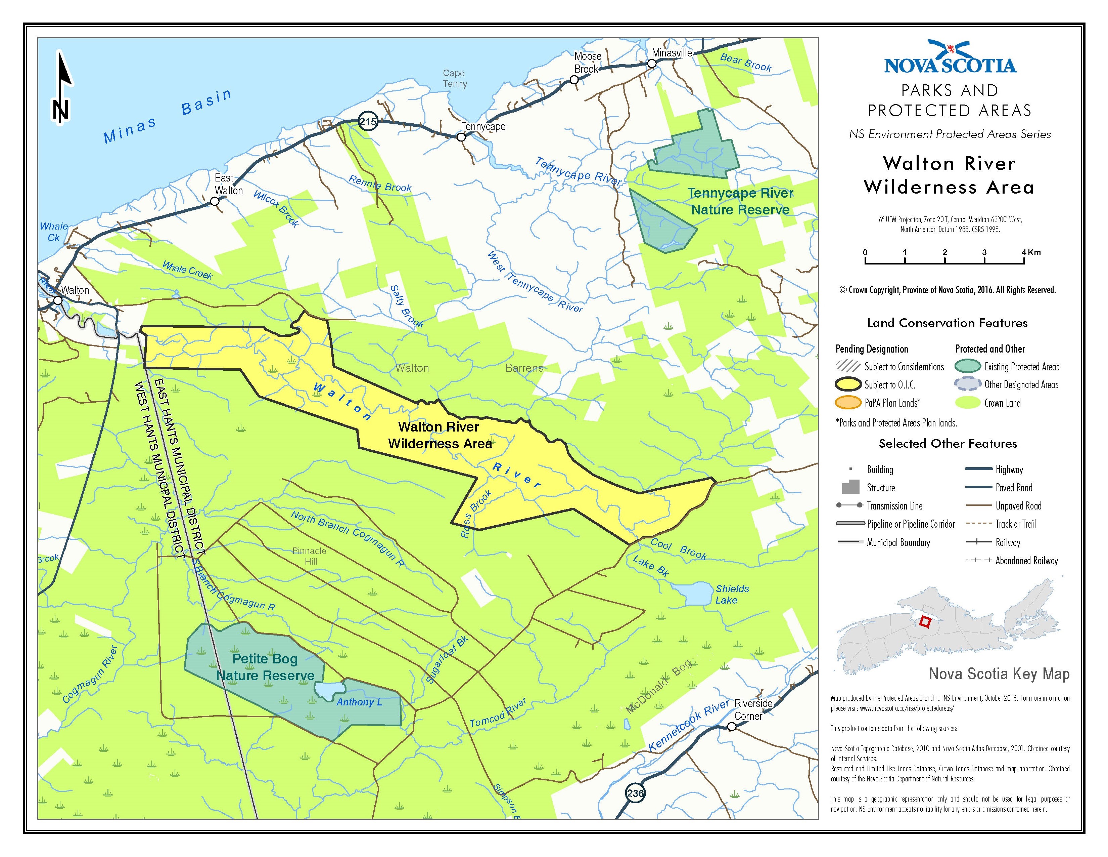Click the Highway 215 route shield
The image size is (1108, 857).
pyautogui.click(x=368, y=121)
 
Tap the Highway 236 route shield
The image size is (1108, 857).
pyautogui.click(x=635, y=793)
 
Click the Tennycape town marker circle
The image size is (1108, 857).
pyautogui.click(x=461, y=137)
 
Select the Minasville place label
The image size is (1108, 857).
pyautogui.click(x=672, y=53)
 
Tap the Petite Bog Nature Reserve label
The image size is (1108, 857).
pyautogui.click(x=265, y=667)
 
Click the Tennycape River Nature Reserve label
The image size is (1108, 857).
pyautogui.click(x=740, y=202)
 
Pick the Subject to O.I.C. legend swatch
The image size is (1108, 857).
pyautogui.click(x=848, y=385)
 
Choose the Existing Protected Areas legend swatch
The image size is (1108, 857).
pyautogui.click(x=967, y=367)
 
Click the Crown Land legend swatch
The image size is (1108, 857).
pyautogui.click(x=967, y=403)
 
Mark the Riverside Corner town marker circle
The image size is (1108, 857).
pyautogui.click(x=732, y=727)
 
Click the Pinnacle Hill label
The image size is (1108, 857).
pyautogui.click(x=310, y=556)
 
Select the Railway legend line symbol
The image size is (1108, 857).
pyautogui.click(x=979, y=542)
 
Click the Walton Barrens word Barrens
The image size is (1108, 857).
pyautogui.click(x=524, y=368)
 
